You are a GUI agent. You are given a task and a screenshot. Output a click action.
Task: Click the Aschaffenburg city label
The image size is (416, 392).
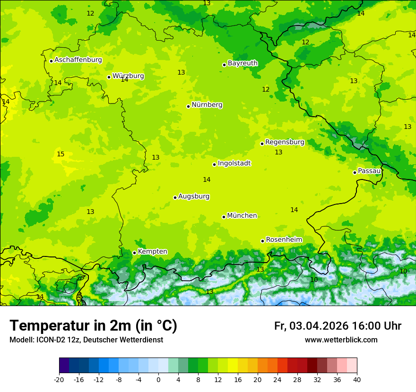[x=78, y=60]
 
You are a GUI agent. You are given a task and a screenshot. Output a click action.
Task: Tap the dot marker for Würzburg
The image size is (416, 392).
[x=109, y=77]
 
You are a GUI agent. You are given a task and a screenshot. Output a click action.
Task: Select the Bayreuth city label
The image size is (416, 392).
[x=243, y=63]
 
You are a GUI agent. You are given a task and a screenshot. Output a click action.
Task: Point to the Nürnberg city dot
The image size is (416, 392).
[x=188, y=106]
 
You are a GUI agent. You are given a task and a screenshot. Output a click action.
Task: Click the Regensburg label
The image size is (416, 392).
[x=285, y=142]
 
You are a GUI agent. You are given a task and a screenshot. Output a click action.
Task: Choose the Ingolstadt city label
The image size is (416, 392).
[x=234, y=163]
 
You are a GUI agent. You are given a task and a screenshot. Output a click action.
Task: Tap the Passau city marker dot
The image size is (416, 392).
[x=355, y=172]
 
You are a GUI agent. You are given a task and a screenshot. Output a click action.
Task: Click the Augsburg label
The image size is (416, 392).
[x=194, y=196]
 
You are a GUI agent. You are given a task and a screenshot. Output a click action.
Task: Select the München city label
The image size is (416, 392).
[x=242, y=216]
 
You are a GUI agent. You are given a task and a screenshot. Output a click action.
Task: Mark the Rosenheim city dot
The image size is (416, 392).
[x=262, y=241]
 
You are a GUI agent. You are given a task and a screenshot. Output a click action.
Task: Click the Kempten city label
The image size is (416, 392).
[x=152, y=252]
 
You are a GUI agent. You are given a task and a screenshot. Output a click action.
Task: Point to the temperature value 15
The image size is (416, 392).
[x=61, y=154]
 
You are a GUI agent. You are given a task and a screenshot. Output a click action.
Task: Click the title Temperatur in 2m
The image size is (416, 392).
[x=93, y=326]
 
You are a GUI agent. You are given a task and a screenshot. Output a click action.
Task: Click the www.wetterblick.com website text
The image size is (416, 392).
[x=341, y=340]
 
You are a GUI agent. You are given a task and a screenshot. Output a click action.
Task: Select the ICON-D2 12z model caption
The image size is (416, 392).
[x=86, y=340]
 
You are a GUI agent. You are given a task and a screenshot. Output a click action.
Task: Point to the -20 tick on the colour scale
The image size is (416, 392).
[x=59, y=379]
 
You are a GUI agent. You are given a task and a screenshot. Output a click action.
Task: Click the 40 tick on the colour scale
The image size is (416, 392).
[x=357, y=379]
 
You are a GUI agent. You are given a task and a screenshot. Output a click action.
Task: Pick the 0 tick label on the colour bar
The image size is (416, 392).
[x=158, y=379]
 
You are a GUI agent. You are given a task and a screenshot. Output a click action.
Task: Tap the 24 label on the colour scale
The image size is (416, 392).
[x=277, y=379]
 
